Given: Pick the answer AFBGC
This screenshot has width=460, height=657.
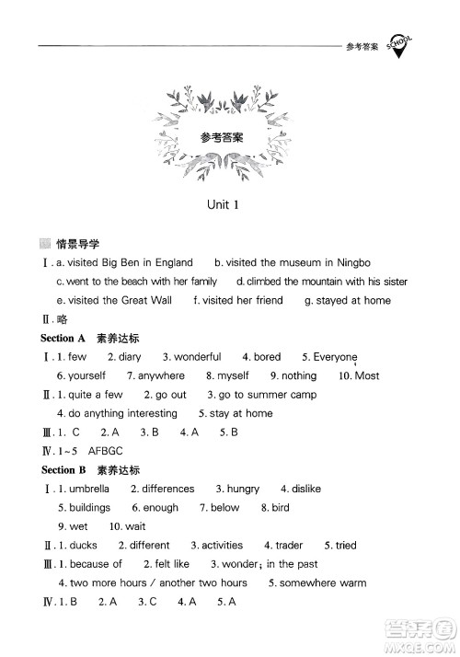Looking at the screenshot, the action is click(105, 451).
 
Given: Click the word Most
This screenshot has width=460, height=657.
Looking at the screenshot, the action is click(367, 375).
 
